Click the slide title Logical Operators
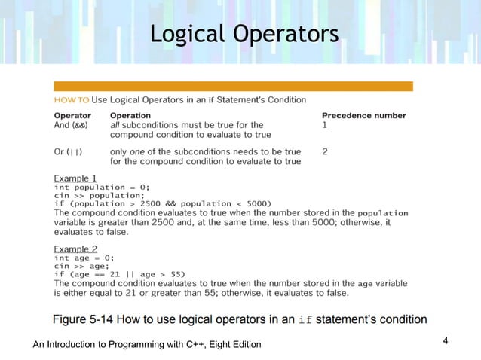coord(244,34)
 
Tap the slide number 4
coord(446,341)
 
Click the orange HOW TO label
coord(71,99)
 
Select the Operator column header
coord(72,115)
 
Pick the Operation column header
coord(130,115)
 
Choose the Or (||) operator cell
coord(68,151)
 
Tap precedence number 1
coord(324,125)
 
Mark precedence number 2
coord(324,151)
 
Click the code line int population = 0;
coord(102,186)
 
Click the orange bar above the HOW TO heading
coord(233,86)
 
